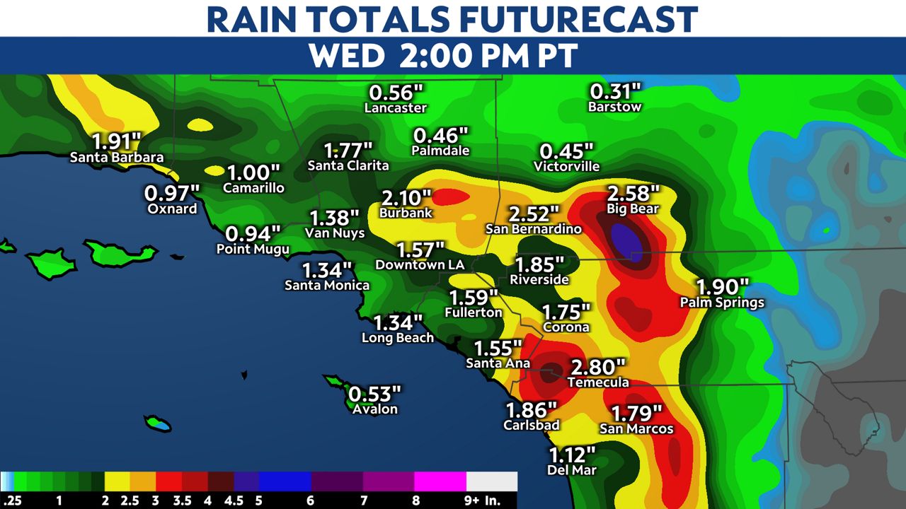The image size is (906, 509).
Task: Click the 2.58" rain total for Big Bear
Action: (x=633, y=192)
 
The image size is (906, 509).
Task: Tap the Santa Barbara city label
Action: (x=117, y=158)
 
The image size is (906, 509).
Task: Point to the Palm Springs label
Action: (x=722, y=303)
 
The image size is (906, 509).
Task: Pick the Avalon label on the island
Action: (x=375, y=409)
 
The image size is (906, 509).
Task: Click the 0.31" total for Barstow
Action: (x=615, y=91)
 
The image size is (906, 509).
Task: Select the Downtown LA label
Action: (x=420, y=265)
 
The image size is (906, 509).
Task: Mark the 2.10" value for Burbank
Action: (x=406, y=198)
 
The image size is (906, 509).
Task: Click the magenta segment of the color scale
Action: (x=440, y=481)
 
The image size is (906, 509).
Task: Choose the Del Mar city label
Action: (x=573, y=469)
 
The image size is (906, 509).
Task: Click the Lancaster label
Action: (x=396, y=108)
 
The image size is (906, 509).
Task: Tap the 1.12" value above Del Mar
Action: (x=573, y=454)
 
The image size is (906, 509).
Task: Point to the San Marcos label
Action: (x=636, y=428)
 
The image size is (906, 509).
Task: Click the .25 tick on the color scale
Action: (x=10, y=501)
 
